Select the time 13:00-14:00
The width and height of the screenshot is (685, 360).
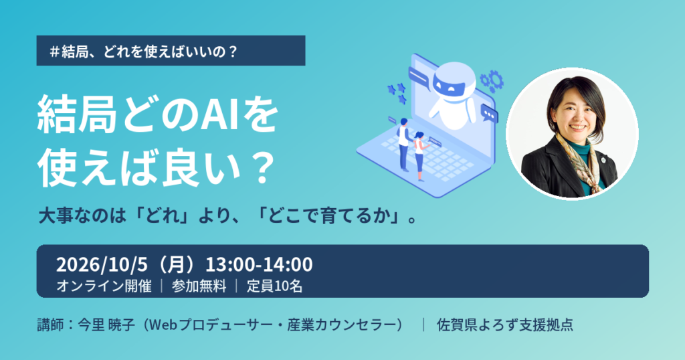259,265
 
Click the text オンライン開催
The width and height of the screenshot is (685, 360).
104,286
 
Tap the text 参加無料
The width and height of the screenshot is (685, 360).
199,286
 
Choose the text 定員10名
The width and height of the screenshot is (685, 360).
275,286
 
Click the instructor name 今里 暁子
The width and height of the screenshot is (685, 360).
106,325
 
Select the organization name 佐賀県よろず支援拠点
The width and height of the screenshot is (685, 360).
505,325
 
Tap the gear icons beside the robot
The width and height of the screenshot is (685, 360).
492,81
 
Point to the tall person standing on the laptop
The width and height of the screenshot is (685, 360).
403,144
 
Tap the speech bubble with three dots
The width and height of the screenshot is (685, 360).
489,114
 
